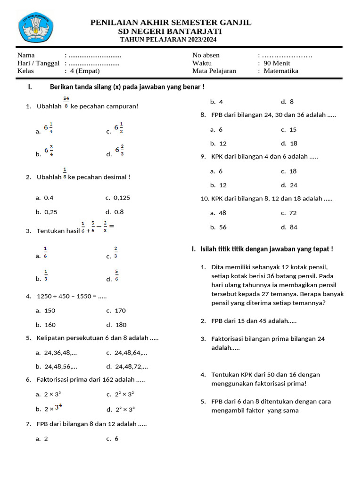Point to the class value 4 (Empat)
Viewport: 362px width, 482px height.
(84, 71)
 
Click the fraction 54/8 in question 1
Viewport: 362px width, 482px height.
(66, 102)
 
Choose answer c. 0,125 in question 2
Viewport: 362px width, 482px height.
(118, 198)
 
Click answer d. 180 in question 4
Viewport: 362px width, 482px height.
(116, 325)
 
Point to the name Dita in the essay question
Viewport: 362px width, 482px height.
(219, 267)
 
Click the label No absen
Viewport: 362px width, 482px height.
(206, 55)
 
